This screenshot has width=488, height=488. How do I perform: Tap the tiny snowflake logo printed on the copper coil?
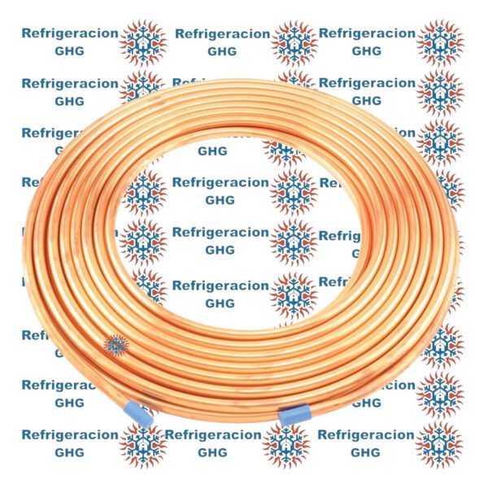(x=116, y=345)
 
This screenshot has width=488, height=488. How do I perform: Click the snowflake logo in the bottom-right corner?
(x=440, y=444)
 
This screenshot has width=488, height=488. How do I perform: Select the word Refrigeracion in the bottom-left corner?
(x=70, y=435)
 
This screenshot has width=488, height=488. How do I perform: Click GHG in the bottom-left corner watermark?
(x=69, y=452)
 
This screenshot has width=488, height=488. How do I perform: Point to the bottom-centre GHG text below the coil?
(x=213, y=452)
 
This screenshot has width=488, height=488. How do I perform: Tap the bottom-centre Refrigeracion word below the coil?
(x=213, y=435)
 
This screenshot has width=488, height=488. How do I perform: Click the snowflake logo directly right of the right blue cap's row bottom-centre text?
(x=285, y=444)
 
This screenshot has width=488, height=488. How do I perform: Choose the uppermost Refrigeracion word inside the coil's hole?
(x=220, y=182)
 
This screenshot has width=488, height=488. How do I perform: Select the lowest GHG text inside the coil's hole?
(x=220, y=303)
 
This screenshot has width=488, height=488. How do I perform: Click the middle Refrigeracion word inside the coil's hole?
(x=220, y=233)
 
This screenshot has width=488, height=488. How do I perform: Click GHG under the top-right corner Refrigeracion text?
(x=366, y=51)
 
